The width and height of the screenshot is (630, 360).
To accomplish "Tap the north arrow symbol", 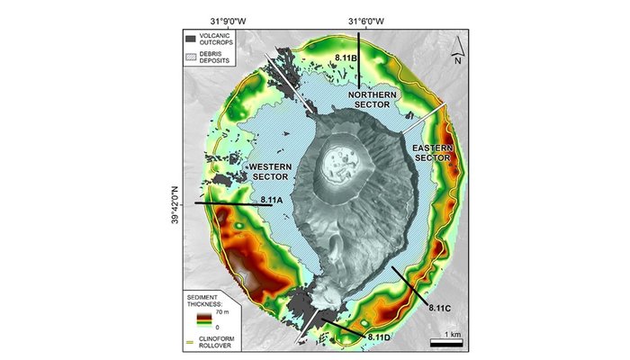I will tap(458, 49).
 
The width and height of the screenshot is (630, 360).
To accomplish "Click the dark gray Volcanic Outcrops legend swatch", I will tap(191, 39).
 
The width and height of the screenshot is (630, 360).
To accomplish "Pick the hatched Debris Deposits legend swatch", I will tap(191, 56).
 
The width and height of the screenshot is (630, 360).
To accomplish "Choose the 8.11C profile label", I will tap(438, 309).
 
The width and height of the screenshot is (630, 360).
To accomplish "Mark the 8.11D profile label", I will tap(378, 336).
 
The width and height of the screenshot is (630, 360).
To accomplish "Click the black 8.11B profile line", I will tap(358, 63).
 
